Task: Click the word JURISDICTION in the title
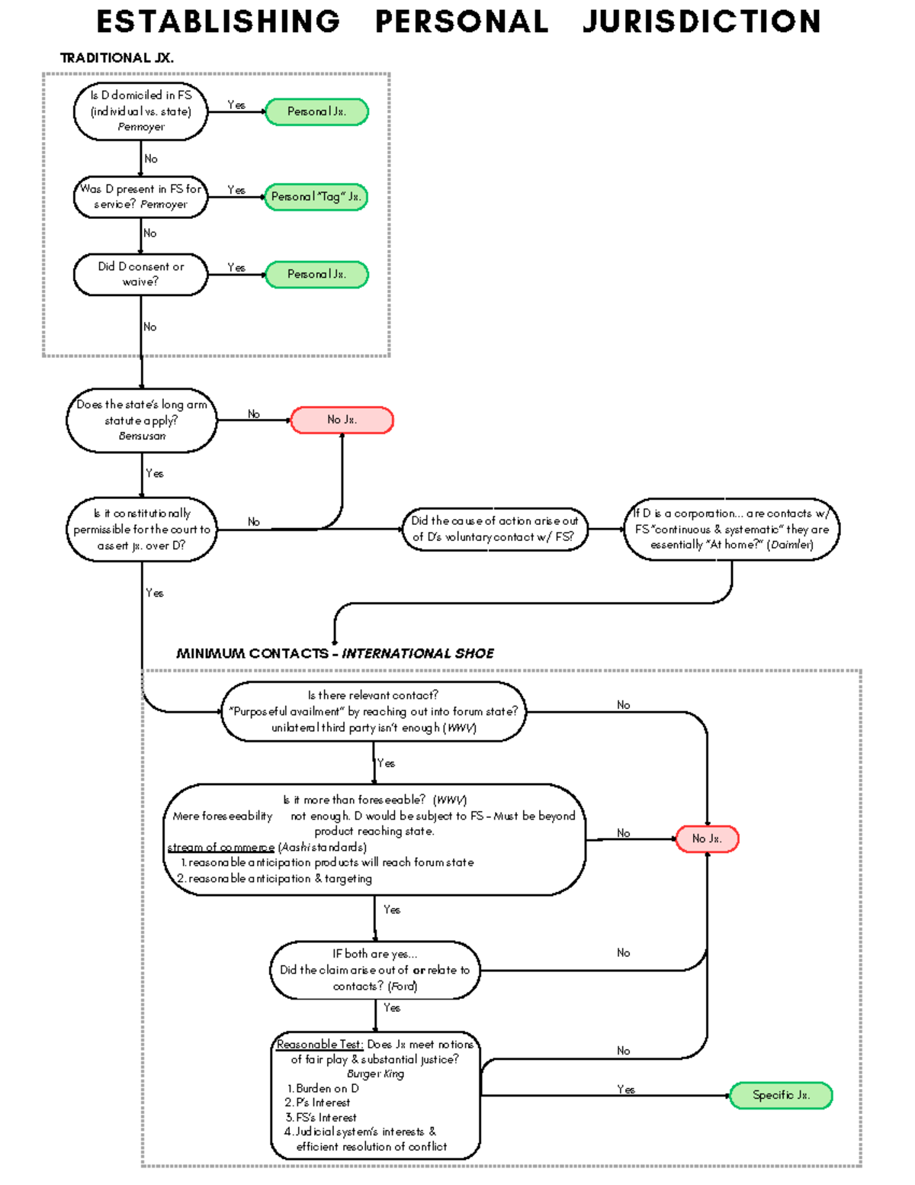pyautogui.click(x=701, y=21)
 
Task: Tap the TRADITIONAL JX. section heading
pyautogui.click(x=117, y=58)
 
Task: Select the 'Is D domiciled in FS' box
pyautogui.click(x=140, y=111)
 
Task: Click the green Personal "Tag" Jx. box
pyautogui.click(x=316, y=197)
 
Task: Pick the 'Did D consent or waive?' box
pyautogui.click(x=140, y=274)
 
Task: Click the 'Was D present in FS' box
pyautogui.click(x=140, y=197)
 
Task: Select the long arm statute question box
pyautogui.click(x=141, y=420)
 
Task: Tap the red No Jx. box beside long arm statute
pyautogui.click(x=342, y=420)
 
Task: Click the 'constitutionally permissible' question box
pyautogui.click(x=141, y=530)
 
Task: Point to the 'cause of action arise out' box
pyautogui.click(x=495, y=529)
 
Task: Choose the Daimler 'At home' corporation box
pyautogui.click(x=731, y=529)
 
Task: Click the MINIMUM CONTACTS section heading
pyautogui.click(x=335, y=654)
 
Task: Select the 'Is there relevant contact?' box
pyautogui.click(x=373, y=712)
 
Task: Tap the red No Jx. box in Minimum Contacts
pyautogui.click(x=707, y=839)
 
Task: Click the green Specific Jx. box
pyautogui.click(x=781, y=1096)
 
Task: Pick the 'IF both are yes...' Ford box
pyautogui.click(x=374, y=970)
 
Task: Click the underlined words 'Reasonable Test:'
pyautogui.click(x=320, y=1045)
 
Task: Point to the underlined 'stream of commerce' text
pyautogui.click(x=221, y=847)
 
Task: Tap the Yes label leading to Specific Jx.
pyautogui.click(x=626, y=1090)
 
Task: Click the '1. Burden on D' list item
pyautogui.click(x=323, y=1089)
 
